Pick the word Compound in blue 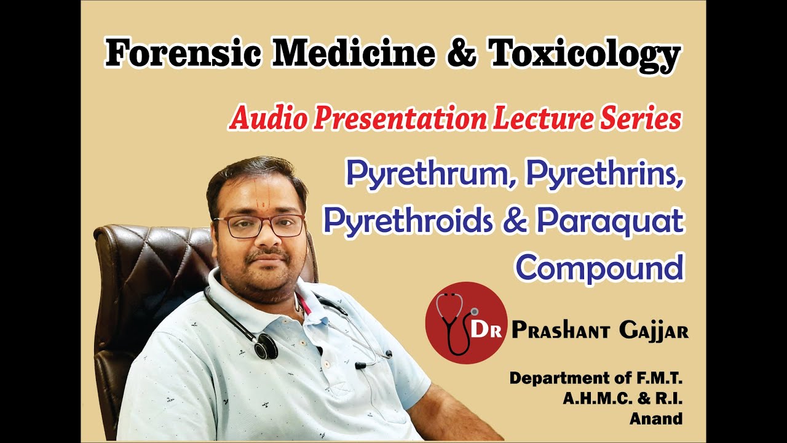pos(599,268)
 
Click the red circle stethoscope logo pos(465,323)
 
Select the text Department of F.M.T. pos(596,378)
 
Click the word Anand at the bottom pos(656,419)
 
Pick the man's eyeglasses pos(258,225)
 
